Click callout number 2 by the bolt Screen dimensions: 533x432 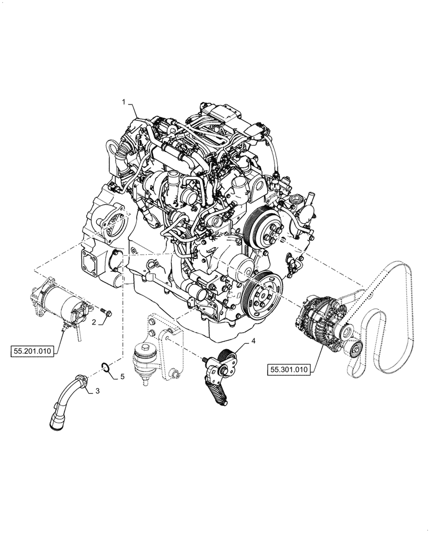pos(94,322)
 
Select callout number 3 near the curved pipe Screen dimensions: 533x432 pos(97,391)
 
